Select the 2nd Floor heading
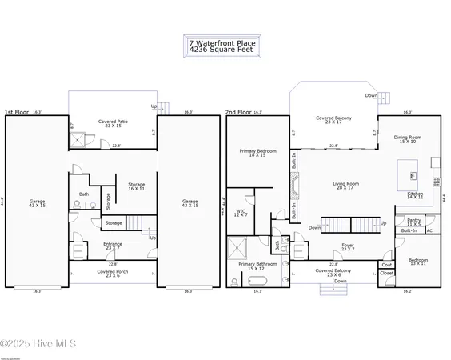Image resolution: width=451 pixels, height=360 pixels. tap(238, 113)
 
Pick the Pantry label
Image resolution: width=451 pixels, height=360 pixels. tap(413, 221)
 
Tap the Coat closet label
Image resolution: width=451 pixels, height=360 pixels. tap(387, 265)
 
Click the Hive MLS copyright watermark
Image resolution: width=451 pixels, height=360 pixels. tap(38, 344)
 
